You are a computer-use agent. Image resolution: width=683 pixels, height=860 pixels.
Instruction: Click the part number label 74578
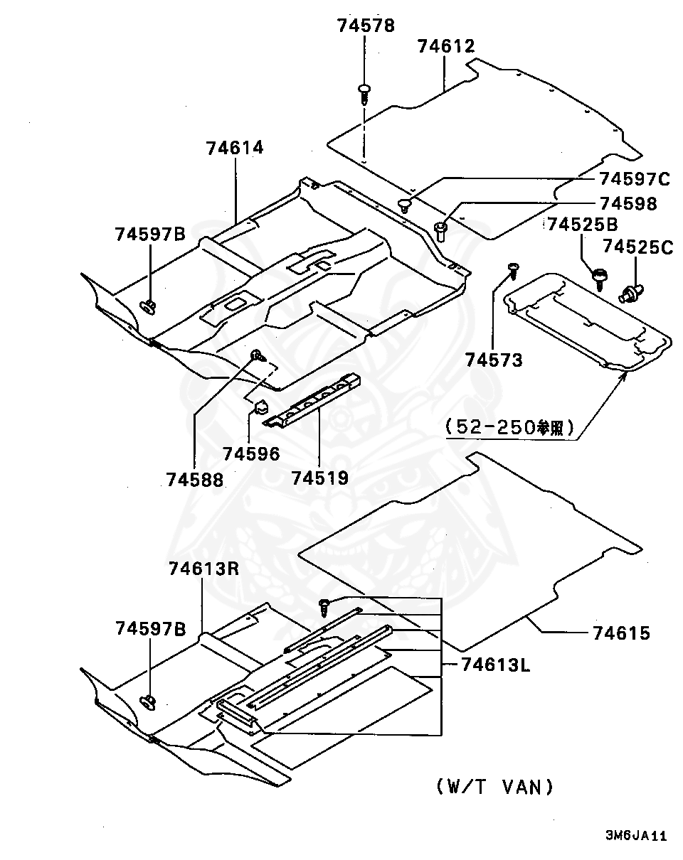click(365, 26)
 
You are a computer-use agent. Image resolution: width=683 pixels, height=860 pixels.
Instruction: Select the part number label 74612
click(445, 47)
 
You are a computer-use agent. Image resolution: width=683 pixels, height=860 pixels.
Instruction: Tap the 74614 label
click(235, 148)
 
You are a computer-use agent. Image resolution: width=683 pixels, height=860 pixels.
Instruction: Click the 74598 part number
click(628, 203)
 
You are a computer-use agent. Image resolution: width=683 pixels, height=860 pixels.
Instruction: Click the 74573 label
click(494, 360)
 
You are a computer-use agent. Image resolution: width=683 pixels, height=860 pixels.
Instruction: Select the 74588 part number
click(195, 480)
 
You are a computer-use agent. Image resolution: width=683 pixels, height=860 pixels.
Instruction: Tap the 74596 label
click(250, 453)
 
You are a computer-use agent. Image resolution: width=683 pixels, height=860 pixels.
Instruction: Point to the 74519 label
click(319, 477)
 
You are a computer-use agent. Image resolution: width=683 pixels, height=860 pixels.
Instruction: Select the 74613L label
click(495, 665)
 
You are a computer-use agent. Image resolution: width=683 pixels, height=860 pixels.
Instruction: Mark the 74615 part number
click(621, 633)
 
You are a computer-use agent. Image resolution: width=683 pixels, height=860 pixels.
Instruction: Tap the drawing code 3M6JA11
click(635, 836)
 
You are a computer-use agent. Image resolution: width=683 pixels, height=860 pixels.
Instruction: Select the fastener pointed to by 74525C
click(632, 292)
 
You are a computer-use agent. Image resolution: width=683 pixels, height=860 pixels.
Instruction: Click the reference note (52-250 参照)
click(510, 427)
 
